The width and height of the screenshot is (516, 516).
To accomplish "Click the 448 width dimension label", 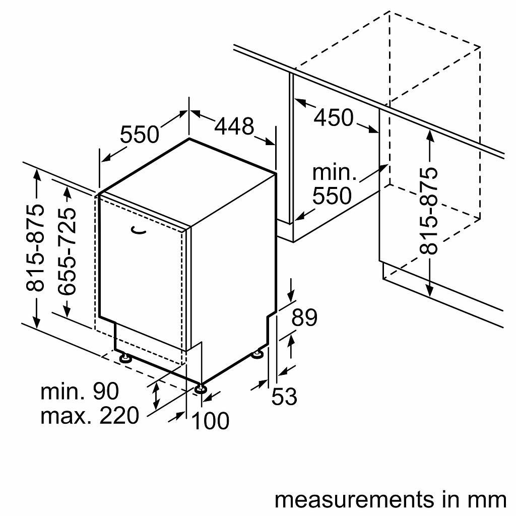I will [x=234, y=126].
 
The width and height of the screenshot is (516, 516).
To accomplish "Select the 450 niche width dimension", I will [x=334, y=117].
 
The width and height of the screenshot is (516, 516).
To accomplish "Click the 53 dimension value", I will [x=284, y=396].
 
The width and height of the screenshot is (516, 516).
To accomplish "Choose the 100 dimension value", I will [x=211, y=420].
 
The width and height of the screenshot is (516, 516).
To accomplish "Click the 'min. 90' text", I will [x=80, y=391].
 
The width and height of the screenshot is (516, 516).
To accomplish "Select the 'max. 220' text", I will [x=89, y=416].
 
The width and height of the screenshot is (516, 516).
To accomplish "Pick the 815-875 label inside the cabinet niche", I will [x=429, y=210].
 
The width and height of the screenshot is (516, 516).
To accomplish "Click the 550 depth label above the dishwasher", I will [x=139, y=134].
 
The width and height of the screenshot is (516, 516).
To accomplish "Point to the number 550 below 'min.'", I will [x=332, y=196].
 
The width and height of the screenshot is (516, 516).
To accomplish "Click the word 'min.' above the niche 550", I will [x=334, y=173].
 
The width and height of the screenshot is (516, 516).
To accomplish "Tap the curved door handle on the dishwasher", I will [x=139, y=230].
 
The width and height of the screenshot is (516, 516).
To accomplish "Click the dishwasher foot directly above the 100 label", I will [x=202, y=388].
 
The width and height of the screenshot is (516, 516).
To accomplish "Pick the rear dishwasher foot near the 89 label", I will [x=258, y=354].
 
